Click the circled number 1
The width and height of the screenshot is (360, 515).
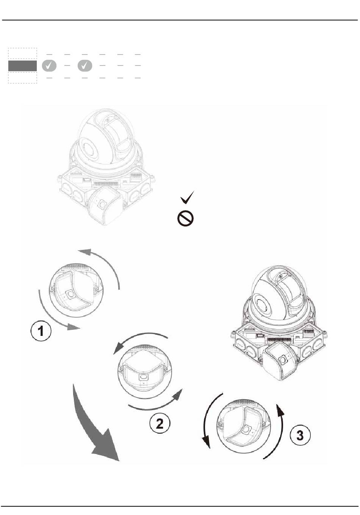coord(41,331)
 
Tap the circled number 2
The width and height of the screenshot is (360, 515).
coord(160,423)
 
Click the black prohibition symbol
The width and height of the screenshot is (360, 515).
coord(185,218)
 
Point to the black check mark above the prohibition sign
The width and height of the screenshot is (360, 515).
coord(187,197)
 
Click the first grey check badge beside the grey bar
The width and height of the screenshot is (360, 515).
coord(49,66)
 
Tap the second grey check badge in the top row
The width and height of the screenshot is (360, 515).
coord(85,66)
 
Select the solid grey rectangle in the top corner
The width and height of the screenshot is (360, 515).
coord(22,66)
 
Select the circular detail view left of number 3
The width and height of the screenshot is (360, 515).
coord(244,426)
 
